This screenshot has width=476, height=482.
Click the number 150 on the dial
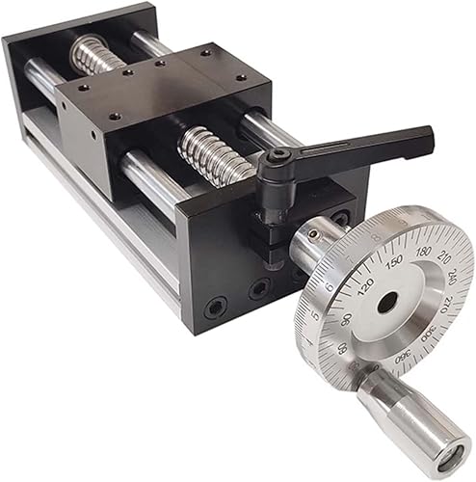pyautogui.click(x=393, y=261)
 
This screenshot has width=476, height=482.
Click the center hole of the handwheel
pyautogui.click(x=387, y=302)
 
